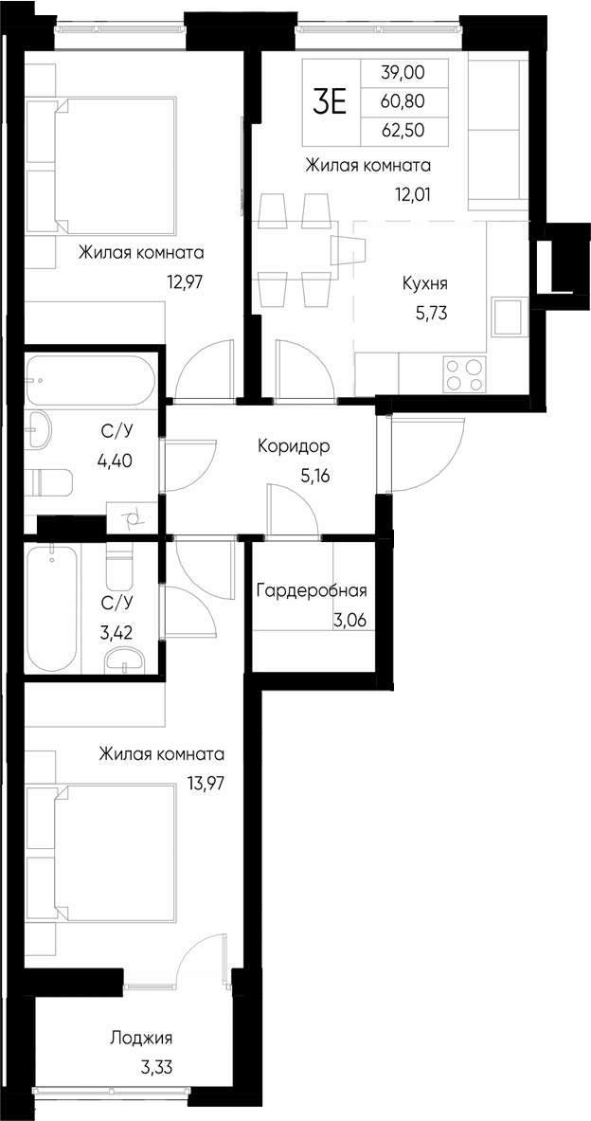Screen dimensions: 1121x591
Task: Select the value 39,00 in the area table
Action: tap(403, 72)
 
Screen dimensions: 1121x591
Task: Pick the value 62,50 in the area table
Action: tap(403, 130)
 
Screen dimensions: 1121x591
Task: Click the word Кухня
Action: tap(424, 283)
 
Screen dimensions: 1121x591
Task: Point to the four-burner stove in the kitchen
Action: tap(462, 373)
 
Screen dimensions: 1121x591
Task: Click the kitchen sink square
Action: tap(508, 316)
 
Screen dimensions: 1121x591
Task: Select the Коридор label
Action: tap(294, 445)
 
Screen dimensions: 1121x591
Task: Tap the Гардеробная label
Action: tap(311, 591)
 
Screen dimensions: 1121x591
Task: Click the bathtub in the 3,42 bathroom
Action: tap(52, 608)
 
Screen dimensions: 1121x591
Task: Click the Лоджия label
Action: tap(140, 1039)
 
